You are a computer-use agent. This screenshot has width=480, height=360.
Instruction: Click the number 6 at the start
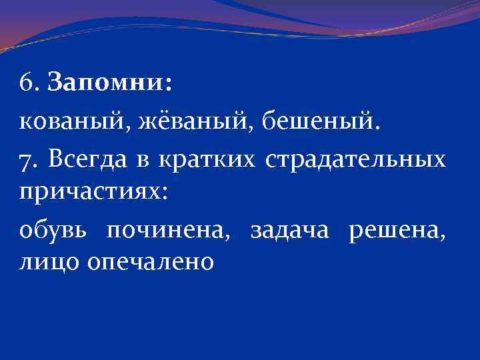[26, 85]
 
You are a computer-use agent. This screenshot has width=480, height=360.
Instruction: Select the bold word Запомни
[107, 85]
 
